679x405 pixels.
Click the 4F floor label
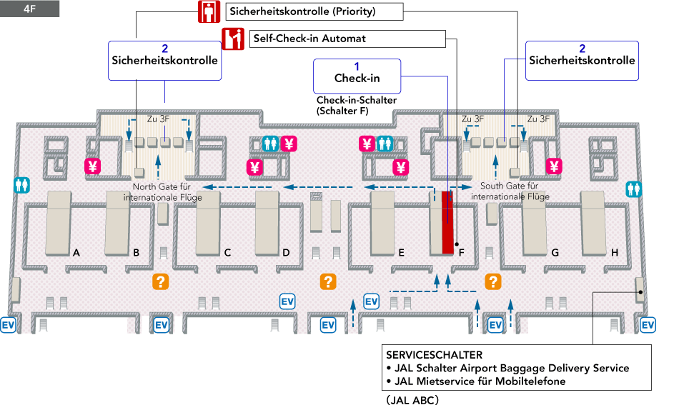[x=29, y=9]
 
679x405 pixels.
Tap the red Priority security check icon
[x=208, y=11]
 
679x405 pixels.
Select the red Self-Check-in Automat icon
[x=233, y=39]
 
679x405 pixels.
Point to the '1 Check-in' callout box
[x=357, y=75]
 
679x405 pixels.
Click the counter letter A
[x=75, y=252]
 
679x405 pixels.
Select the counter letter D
[x=286, y=252]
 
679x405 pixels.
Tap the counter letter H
[x=615, y=252]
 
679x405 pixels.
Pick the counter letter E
[x=402, y=252]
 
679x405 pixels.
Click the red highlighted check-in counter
[x=448, y=222]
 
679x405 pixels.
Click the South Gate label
[x=510, y=191]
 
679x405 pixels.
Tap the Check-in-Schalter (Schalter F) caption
[x=356, y=106]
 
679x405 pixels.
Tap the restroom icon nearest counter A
[x=22, y=184]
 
